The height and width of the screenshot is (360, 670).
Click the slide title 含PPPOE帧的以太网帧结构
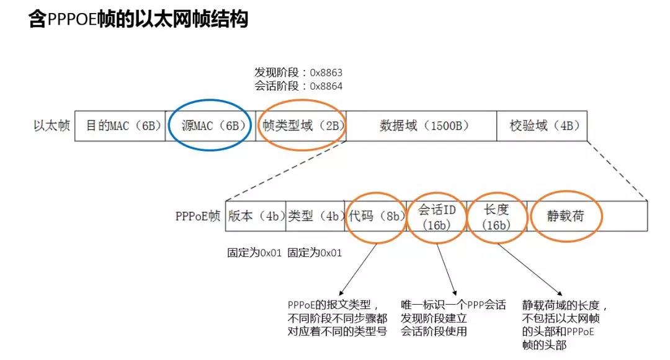pos(138,19)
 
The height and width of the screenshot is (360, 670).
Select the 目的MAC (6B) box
pos(120,126)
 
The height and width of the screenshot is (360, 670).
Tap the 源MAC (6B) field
pos(210,126)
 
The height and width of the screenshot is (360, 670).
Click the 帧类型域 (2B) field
pos(301,126)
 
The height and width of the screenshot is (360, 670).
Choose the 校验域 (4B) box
pos(542,126)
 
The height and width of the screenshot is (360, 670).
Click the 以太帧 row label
pos(51,126)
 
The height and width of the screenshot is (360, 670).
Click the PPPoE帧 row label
pos(197,216)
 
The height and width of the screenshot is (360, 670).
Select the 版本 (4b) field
pos(256,216)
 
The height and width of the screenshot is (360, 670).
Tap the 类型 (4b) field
pos(315,216)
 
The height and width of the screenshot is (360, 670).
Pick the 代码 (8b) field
pos(376,216)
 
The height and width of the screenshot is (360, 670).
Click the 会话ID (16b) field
pos(437,216)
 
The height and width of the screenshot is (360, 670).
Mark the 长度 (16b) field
pos(496,216)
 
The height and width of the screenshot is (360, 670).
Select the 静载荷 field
pos(565,216)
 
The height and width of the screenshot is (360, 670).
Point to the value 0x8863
pos(326,73)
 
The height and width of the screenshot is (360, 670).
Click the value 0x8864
pos(326,86)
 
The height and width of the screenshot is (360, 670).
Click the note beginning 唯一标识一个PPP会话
pos(453,318)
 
